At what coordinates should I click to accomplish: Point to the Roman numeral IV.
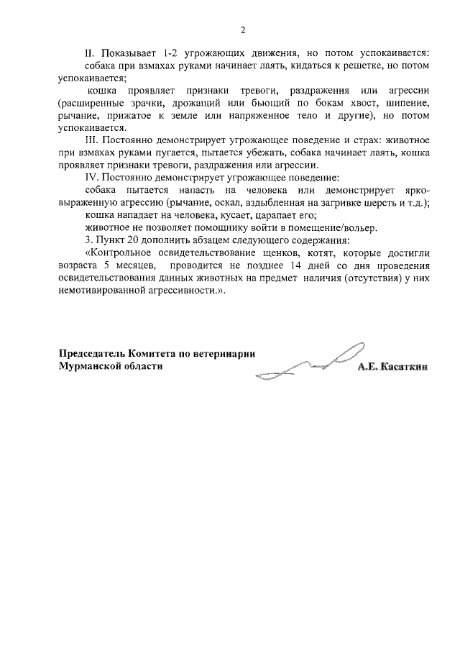(x=92, y=176)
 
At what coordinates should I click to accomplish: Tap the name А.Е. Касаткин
(x=392, y=366)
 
